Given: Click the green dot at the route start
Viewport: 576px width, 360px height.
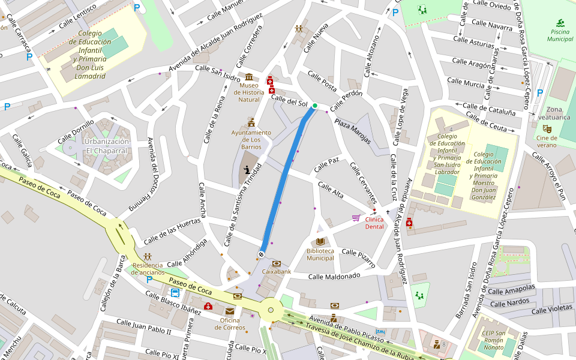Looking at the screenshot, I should (x=314, y=106).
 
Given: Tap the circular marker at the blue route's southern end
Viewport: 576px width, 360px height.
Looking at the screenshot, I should (x=262, y=254).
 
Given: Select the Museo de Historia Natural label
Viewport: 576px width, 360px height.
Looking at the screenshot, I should (x=248, y=92).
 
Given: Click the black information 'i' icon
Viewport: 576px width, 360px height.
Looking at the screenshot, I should (x=247, y=170).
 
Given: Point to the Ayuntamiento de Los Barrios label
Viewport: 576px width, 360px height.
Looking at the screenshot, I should (x=251, y=139).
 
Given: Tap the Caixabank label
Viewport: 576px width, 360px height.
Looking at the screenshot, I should (x=276, y=272).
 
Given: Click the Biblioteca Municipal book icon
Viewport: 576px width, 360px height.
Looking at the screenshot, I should (x=320, y=241).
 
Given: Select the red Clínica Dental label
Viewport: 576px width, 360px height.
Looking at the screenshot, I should (x=374, y=223).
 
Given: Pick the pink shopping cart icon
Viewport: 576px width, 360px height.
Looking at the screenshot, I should (x=356, y=218).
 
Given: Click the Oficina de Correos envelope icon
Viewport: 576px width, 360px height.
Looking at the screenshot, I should (x=230, y=311).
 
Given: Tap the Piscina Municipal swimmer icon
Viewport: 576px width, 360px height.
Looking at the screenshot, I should (x=560, y=23).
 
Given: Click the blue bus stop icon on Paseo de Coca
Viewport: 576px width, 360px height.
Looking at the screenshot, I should (x=175, y=293).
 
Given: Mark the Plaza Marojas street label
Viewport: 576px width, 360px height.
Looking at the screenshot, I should (x=353, y=128).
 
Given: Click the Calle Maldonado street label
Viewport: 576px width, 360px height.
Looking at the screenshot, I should (x=334, y=276).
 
